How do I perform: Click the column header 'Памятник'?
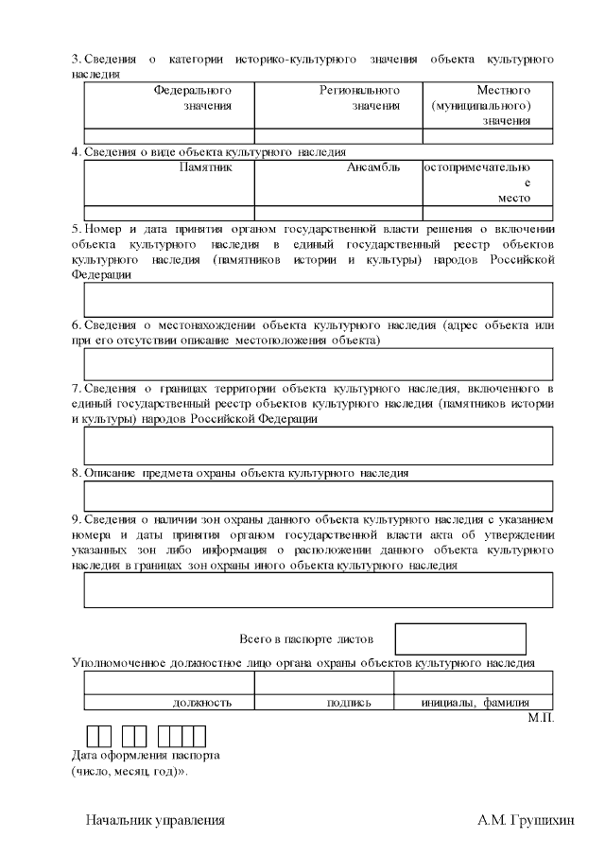(x=204, y=167)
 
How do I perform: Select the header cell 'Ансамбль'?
(x=373, y=167)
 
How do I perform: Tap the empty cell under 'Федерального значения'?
(x=169, y=135)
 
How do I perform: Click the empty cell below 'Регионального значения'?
(x=338, y=135)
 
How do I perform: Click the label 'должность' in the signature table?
(x=202, y=703)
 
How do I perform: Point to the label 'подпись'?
(x=349, y=703)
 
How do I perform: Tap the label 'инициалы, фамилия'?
(x=474, y=703)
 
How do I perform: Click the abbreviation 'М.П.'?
(x=541, y=719)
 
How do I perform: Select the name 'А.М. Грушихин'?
(x=526, y=820)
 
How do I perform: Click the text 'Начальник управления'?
(x=155, y=820)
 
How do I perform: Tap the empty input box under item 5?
(x=319, y=300)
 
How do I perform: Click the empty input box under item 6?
(x=319, y=364)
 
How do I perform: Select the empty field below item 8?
(x=319, y=496)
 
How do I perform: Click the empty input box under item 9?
(x=319, y=589)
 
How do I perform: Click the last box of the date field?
(x=199, y=736)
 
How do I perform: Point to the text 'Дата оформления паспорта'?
(x=147, y=756)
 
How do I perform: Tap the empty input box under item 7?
(x=319, y=445)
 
